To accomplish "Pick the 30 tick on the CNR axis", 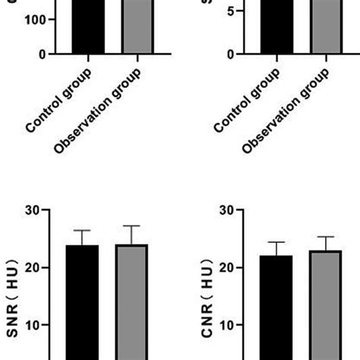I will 225,210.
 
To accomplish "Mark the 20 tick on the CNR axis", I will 225,267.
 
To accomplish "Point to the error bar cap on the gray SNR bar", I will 131,226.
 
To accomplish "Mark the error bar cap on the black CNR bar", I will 276,242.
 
